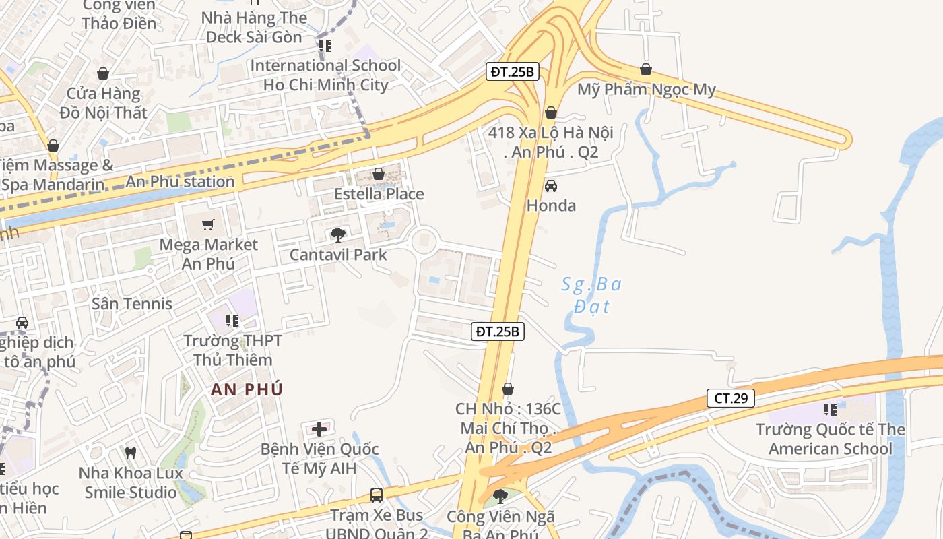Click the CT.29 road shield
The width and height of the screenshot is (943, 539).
731,398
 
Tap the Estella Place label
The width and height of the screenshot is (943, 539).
379,194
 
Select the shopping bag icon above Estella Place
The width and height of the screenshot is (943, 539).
379,174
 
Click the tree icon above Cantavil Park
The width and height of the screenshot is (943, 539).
338,234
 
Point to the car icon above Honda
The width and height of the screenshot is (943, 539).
551,185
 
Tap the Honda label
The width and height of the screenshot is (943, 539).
551,205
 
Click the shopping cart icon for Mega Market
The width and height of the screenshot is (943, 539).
208,224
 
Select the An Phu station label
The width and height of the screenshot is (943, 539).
180,181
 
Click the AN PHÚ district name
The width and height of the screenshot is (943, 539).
247,389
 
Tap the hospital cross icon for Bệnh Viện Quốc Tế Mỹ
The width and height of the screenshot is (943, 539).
319,429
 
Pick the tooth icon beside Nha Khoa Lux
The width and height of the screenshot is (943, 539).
131,453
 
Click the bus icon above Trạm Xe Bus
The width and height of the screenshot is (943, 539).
377,495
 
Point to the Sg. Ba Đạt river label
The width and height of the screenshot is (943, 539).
591,295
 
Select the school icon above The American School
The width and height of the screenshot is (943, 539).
830,409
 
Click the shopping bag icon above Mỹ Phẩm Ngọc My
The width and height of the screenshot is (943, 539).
646,69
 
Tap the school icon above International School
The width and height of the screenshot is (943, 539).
325,46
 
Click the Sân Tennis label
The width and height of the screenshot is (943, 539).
132,303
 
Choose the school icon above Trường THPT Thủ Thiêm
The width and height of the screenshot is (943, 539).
232,321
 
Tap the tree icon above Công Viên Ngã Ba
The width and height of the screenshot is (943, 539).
500,497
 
